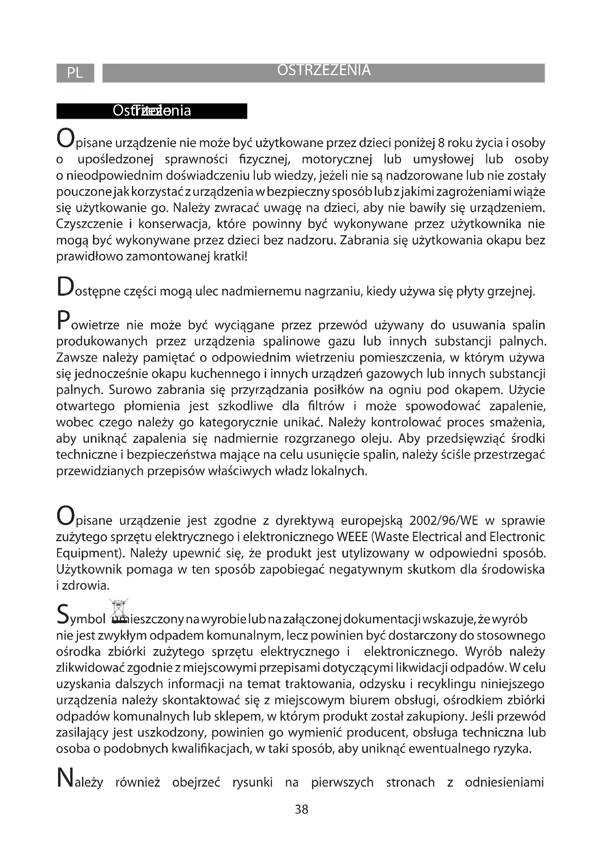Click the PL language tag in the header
click(x=75, y=73)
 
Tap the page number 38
click(x=301, y=809)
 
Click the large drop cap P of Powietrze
click(x=63, y=321)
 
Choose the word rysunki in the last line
click(x=253, y=782)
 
